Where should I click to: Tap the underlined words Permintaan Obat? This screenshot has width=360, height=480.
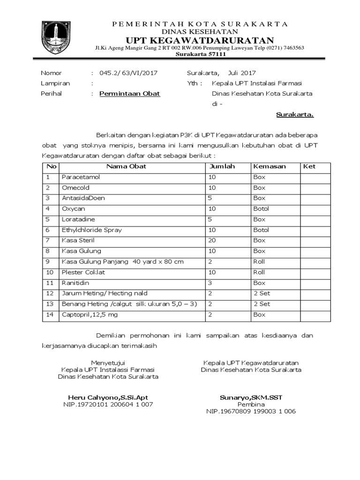click(130, 93)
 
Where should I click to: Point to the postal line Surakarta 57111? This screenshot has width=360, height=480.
click(201, 54)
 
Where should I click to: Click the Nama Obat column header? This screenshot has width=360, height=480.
click(126, 166)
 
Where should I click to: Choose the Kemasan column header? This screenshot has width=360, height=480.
click(270, 166)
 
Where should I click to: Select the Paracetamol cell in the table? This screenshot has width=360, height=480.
click(81, 177)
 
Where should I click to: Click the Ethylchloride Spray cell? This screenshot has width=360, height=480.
click(92, 230)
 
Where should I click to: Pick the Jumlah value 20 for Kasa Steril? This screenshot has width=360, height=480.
click(213, 240)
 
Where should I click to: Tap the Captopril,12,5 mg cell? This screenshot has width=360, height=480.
click(90, 315)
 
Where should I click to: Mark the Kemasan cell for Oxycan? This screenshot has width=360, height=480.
click(261, 209)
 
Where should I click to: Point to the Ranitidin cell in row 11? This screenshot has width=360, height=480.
click(75, 283)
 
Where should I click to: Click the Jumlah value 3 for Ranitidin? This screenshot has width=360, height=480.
click(210, 283)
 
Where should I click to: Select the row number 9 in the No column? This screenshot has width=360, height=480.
click(48, 262)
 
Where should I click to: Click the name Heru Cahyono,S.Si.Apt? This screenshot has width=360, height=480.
click(108, 397)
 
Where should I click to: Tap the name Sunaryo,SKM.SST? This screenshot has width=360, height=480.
click(251, 397)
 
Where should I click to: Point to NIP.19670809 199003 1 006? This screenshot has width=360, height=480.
click(251, 411)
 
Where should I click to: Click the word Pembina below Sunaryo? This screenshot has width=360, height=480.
click(251, 404)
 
